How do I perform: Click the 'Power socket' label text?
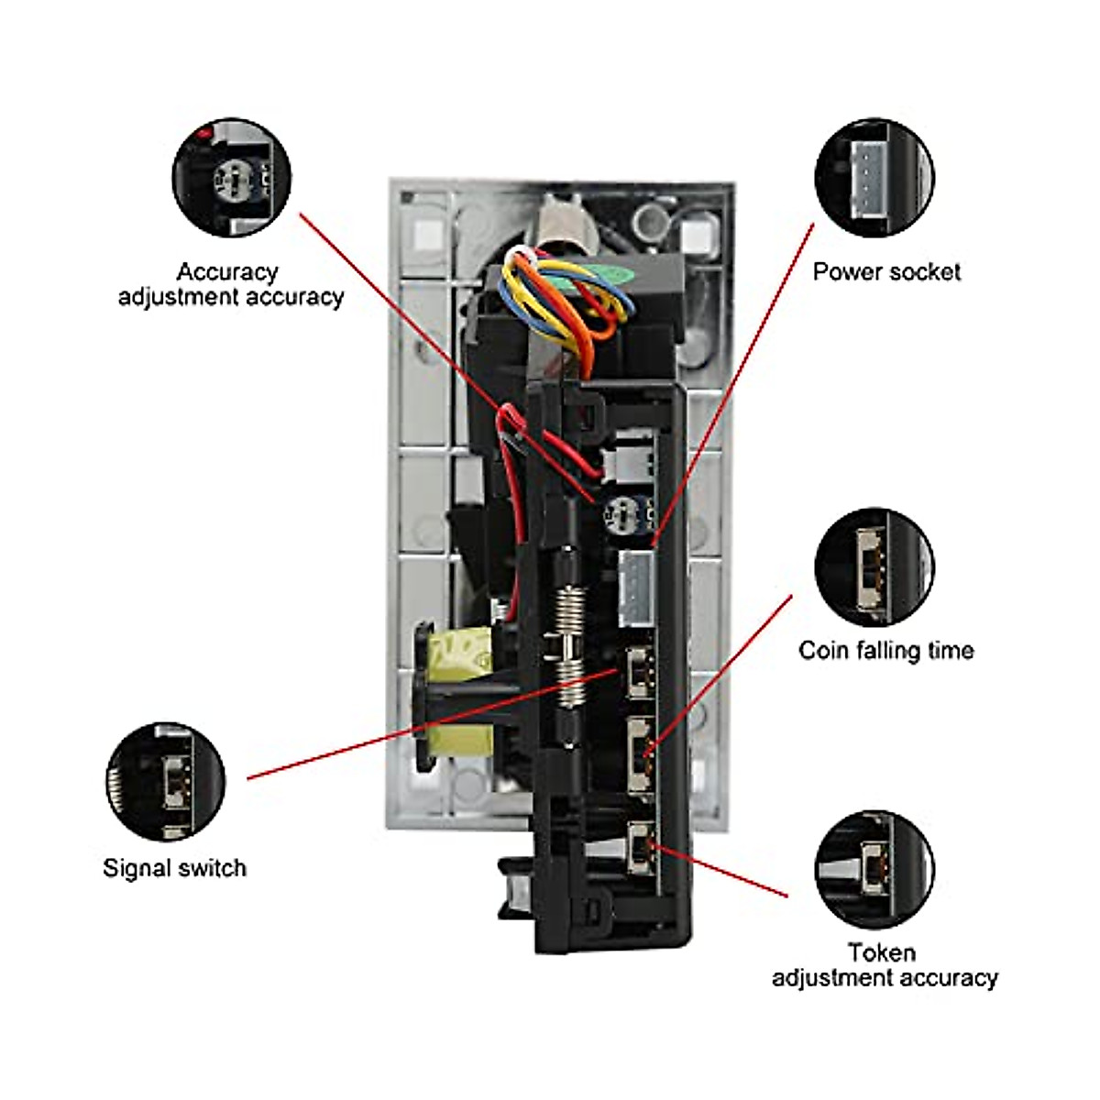886,272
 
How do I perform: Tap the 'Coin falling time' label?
885,651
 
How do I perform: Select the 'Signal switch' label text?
174,868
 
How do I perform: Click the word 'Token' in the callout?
882,952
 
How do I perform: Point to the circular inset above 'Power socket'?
874,178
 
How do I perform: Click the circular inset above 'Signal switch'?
166,782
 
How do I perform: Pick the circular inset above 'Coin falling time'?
874,567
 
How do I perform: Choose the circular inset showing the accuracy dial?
232,178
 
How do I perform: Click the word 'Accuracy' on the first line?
226,272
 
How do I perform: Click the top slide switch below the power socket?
638,672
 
